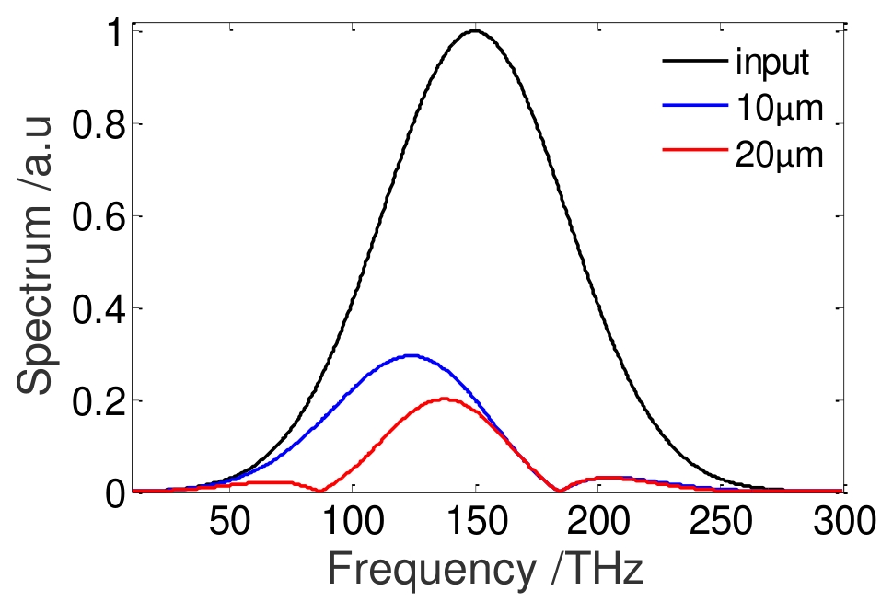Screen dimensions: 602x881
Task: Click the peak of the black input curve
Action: (475, 31)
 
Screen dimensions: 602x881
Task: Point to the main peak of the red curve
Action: (445, 399)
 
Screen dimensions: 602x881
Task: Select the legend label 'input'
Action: (771, 64)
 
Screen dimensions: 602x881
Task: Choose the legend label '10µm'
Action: (778, 110)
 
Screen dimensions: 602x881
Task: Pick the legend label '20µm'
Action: (778, 155)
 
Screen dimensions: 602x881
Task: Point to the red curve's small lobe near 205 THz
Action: (608, 478)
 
